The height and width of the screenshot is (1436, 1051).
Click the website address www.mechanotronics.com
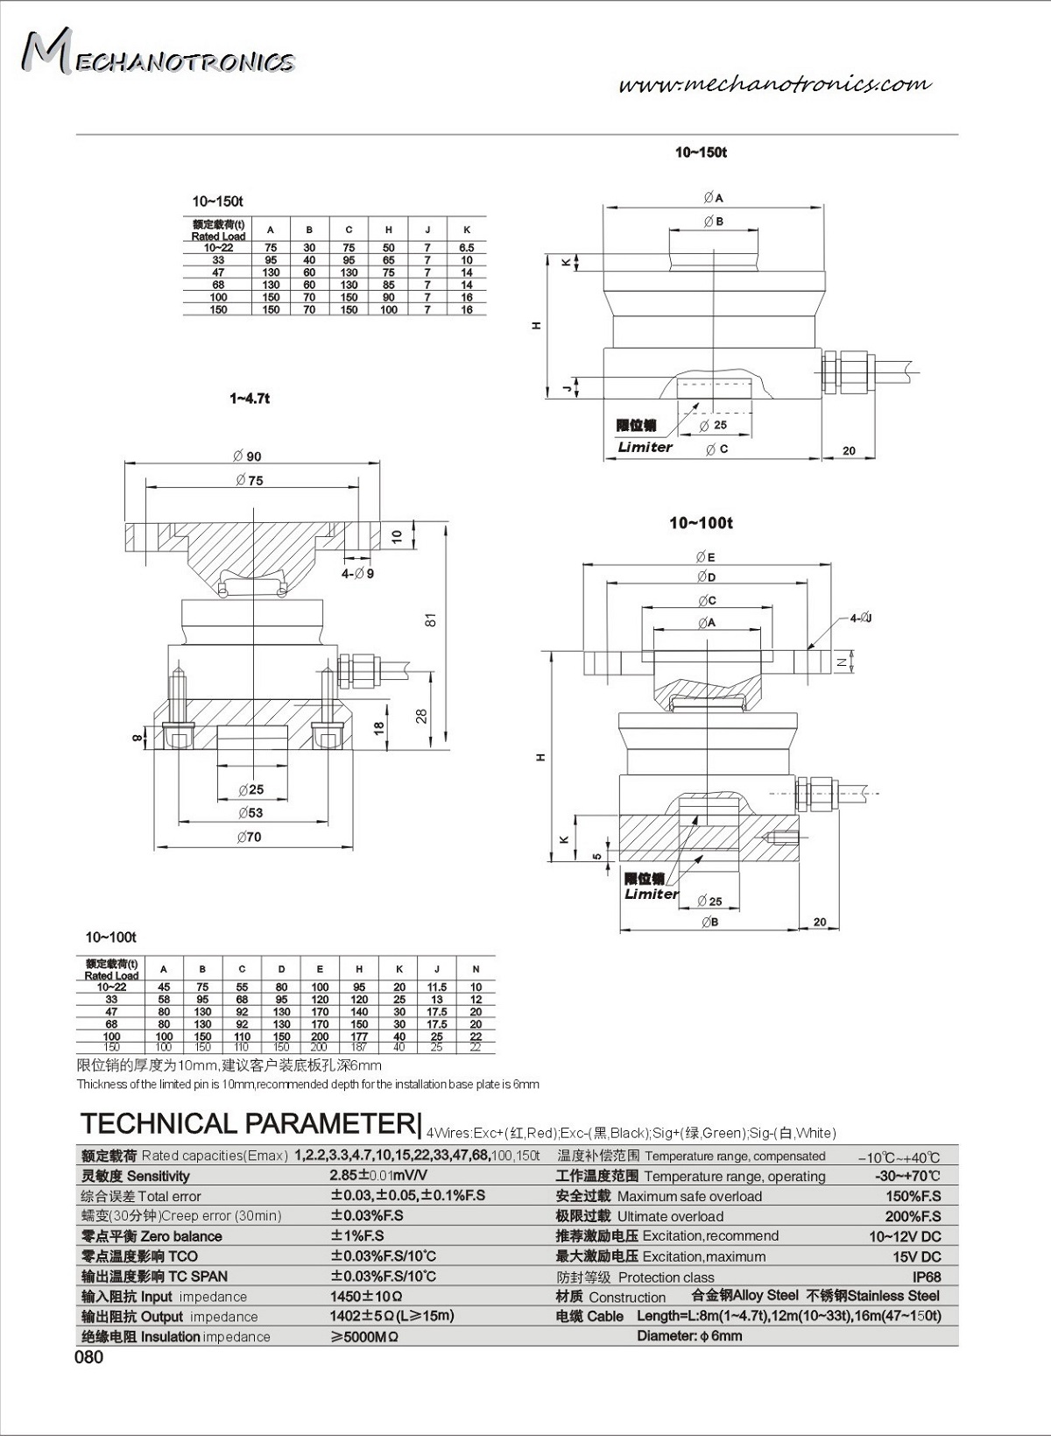click(x=774, y=84)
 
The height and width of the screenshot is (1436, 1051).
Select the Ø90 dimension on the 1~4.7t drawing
click(x=248, y=456)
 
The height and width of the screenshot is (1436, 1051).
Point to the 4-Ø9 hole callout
click(x=357, y=574)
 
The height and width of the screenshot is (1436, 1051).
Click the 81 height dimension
click(x=430, y=619)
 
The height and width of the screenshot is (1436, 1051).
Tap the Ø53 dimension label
click(x=250, y=813)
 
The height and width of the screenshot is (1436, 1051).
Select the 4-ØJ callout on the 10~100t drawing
click(x=860, y=619)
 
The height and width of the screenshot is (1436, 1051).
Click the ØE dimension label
click(x=706, y=557)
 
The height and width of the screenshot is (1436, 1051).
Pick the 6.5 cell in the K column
click(x=467, y=248)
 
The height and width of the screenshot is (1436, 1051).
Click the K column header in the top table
click(x=467, y=230)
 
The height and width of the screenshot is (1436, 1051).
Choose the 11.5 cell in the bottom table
click(x=437, y=987)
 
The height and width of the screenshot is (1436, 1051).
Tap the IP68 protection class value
click(x=927, y=1277)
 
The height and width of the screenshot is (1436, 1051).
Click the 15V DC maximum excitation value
click(x=916, y=1257)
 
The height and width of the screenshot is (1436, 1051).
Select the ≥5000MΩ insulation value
click(x=364, y=1337)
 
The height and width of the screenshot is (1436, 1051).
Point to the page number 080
click(x=88, y=1357)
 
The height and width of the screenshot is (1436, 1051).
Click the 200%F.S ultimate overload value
click(x=913, y=1217)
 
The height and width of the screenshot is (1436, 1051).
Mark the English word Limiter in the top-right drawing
click(x=645, y=447)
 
